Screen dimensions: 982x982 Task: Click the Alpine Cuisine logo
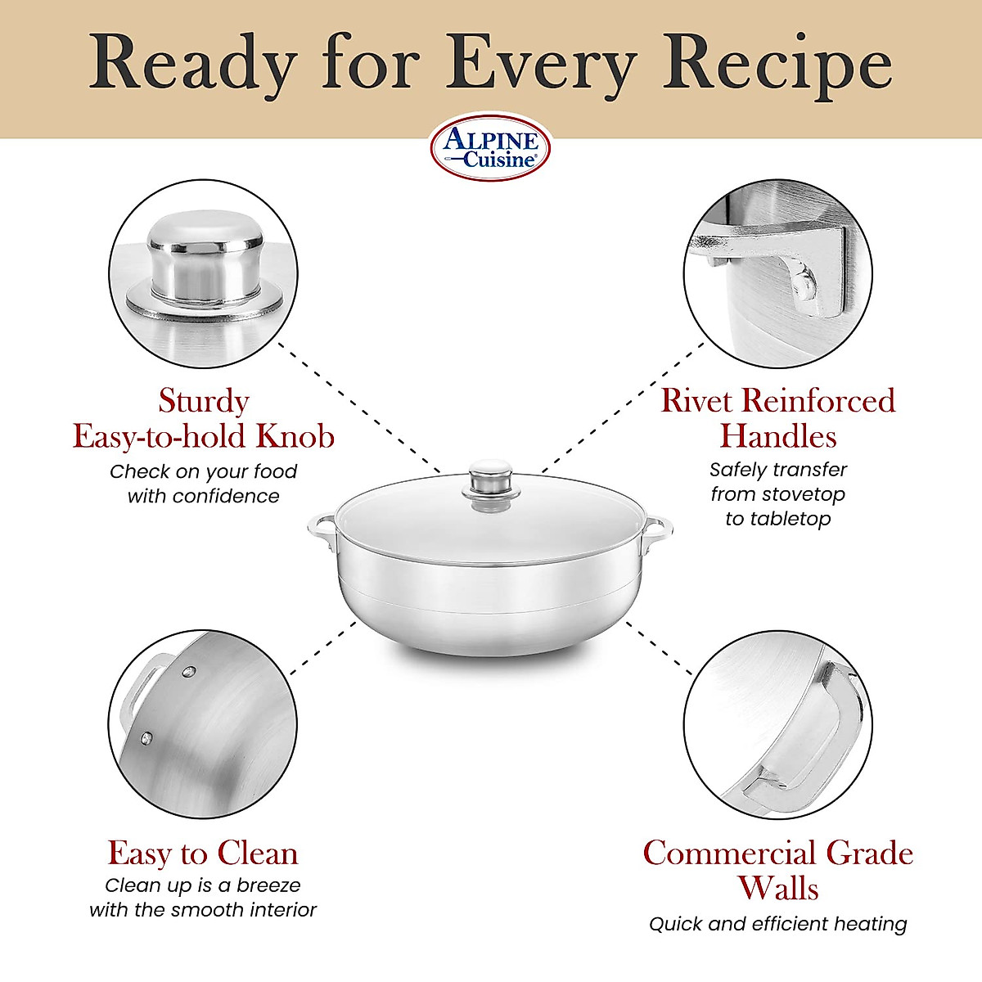pyautogui.click(x=490, y=147)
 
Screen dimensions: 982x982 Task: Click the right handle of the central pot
pyautogui.click(x=657, y=536)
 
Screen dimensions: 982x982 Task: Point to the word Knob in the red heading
pyautogui.click(x=295, y=436)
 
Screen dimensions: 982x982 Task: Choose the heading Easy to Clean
pyautogui.click(x=203, y=853)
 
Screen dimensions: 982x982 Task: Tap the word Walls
pyautogui.click(x=777, y=888)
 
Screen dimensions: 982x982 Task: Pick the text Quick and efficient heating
pyautogui.click(x=777, y=924)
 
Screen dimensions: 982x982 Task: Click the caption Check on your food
pyautogui.click(x=203, y=471)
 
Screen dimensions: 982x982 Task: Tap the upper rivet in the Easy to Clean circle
pyautogui.click(x=189, y=672)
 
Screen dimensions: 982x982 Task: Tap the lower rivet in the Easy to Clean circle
pyautogui.click(x=146, y=738)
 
